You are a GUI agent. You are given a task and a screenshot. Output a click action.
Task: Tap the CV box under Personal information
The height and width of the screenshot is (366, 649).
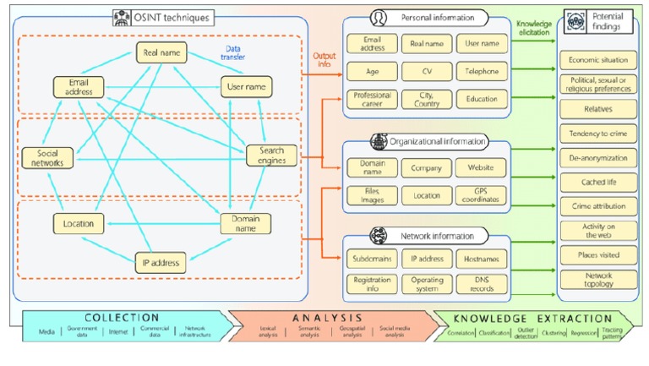[x=427, y=71]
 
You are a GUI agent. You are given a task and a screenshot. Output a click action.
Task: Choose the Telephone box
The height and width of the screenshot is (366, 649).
[x=481, y=71]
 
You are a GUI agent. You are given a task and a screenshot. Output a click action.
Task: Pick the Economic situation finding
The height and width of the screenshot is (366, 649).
[x=597, y=61]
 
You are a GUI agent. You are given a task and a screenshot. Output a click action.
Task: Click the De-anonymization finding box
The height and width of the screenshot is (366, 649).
[x=597, y=158]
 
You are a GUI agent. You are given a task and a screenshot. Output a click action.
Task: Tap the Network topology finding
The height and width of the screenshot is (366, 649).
[x=597, y=280]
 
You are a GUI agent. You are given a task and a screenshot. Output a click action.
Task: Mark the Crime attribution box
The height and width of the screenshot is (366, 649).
[x=597, y=206]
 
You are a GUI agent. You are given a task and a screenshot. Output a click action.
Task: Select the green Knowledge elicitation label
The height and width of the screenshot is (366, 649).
[x=533, y=29]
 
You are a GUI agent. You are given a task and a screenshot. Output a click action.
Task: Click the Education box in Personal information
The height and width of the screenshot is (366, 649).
[x=481, y=99]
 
